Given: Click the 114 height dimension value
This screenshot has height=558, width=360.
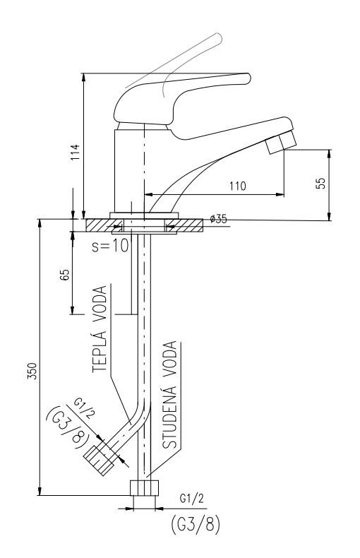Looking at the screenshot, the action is coord(76,153).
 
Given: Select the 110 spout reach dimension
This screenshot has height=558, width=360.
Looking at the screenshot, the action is coord(238,186).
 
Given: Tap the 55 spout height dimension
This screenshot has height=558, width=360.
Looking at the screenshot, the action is coord(321,183).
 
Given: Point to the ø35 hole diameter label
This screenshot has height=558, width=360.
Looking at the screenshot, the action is coord(218,219).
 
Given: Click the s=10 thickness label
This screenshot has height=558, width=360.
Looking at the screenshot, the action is coord(109,246).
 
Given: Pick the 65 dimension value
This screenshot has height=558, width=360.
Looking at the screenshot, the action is coord(65,275).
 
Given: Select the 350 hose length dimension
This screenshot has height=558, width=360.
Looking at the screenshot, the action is coord(32,371).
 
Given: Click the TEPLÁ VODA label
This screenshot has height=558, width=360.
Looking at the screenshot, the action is coord(100,329).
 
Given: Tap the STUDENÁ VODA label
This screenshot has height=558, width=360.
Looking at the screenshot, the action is coord(169,395).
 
